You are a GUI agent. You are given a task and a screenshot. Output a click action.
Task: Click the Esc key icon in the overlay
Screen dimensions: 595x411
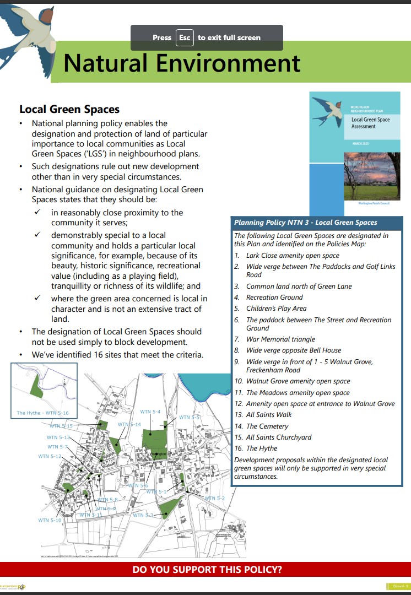(185, 37)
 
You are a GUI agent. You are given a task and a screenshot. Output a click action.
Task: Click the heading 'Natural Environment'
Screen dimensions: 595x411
(182, 63)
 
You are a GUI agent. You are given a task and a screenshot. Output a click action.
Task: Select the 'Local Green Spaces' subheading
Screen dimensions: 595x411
(69, 110)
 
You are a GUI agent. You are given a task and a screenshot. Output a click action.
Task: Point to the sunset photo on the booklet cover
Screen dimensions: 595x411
(371, 176)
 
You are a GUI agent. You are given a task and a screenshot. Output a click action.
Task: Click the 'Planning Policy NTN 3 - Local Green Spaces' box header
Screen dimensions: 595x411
(306, 223)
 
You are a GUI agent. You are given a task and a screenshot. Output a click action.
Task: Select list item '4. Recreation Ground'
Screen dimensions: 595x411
(268, 297)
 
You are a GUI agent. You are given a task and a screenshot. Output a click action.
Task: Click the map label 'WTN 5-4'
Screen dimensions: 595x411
(150, 412)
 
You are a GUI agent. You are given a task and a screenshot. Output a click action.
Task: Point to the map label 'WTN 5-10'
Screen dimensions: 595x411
(50, 520)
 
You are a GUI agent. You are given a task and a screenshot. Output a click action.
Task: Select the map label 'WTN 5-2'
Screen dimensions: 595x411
(215, 498)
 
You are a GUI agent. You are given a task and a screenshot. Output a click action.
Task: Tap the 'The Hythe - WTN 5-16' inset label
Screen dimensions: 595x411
(42, 413)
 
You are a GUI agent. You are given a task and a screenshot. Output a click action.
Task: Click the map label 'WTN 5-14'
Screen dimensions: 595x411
(129, 424)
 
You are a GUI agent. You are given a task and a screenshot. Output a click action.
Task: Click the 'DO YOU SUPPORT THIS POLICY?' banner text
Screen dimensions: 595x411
(207, 570)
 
